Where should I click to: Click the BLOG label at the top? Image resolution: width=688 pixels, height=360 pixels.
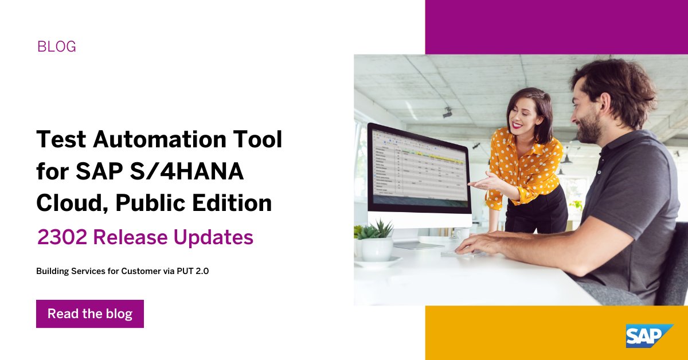56,46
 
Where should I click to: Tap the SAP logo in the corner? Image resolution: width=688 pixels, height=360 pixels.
648,335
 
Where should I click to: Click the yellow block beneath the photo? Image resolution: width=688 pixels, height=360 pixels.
516,332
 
